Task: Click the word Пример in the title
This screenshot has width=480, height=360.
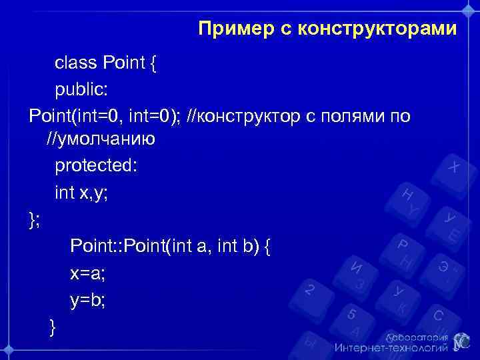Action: (233, 29)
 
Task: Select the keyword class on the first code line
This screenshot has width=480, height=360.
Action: (75, 63)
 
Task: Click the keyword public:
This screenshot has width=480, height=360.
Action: (81, 90)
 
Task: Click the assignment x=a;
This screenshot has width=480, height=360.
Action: (87, 273)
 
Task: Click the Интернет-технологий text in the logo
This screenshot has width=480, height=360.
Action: (391, 348)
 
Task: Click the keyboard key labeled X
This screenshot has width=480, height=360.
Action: (453, 167)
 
